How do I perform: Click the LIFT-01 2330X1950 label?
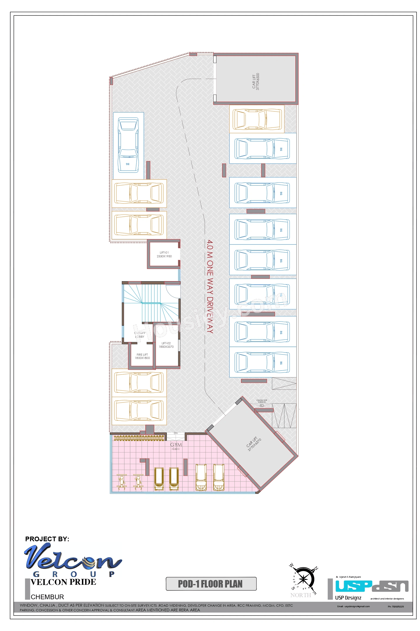point(164,254)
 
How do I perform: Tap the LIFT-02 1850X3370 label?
point(166,345)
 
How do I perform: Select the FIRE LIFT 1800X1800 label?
point(142,356)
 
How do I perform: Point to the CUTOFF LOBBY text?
point(140,335)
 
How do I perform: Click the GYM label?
point(176,445)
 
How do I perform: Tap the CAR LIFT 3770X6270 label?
point(254,444)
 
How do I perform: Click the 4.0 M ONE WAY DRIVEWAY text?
point(210,287)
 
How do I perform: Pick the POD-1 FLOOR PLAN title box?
point(211,584)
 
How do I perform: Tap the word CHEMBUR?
point(47,597)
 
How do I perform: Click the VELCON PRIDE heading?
point(63,582)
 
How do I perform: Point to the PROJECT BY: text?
point(47,539)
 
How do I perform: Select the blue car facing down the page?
point(128,145)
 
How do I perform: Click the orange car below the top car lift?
point(257,119)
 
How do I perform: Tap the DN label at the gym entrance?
point(175,433)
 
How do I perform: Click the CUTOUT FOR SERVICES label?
point(262,401)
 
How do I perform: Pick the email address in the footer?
point(353,606)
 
